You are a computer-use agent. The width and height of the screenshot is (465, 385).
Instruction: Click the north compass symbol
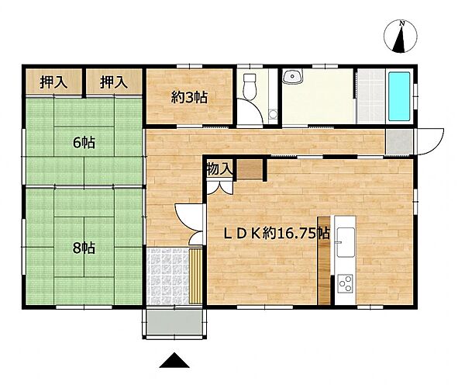click(x=401, y=36)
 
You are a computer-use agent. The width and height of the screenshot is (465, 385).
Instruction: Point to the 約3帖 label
click(x=189, y=97)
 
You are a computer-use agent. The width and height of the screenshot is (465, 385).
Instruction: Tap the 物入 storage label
click(x=219, y=168)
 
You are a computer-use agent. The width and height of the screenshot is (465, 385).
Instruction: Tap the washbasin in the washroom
click(x=292, y=77)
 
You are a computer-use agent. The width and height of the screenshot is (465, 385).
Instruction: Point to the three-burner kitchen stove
click(x=345, y=283)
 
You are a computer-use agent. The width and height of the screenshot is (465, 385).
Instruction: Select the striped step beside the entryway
click(x=198, y=276)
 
